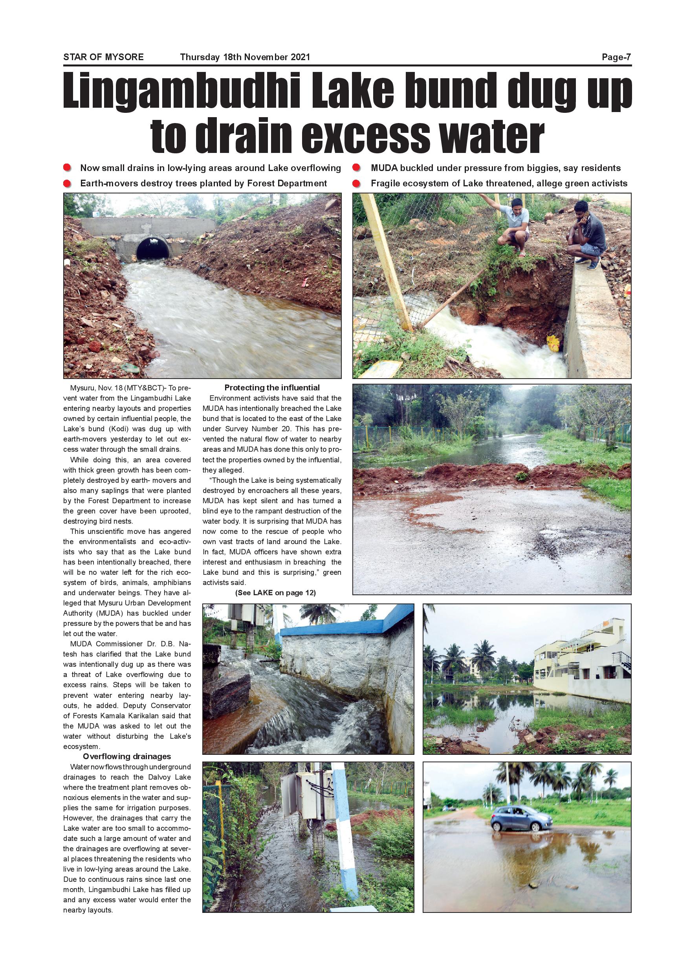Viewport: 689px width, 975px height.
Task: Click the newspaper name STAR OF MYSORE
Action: tap(104, 57)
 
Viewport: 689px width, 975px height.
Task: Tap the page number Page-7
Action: tap(616, 57)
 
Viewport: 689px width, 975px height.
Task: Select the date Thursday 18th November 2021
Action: tap(245, 57)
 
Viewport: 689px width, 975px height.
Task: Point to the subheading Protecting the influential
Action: tap(272, 387)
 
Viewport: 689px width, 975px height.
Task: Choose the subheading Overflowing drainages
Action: tap(127, 756)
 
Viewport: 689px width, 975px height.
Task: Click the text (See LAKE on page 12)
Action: tap(275, 593)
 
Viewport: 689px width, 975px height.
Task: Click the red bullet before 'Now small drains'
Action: tap(67, 168)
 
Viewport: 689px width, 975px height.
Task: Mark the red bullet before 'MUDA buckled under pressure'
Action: tap(357, 168)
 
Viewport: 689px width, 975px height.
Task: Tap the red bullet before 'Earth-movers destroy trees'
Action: tap(67, 184)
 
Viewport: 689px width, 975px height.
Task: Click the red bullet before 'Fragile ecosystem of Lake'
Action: tap(357, 184)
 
